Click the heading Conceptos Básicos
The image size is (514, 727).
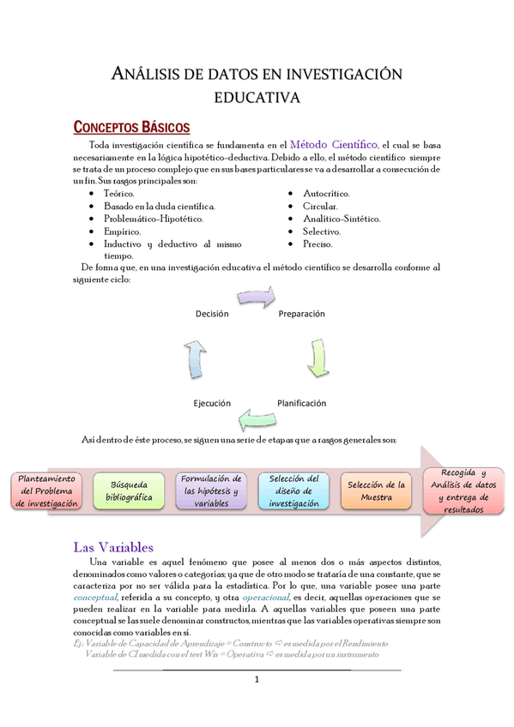131,128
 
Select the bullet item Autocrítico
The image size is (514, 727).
327,195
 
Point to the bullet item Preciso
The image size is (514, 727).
317,243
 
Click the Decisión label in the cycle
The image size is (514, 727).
212,314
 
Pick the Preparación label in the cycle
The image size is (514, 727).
301,314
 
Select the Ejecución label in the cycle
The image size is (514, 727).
211,402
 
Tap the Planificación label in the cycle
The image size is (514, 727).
301,402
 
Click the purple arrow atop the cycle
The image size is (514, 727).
257,297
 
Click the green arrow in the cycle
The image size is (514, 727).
316,358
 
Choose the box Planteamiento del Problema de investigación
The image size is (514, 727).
47,491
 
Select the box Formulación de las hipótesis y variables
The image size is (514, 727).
211,491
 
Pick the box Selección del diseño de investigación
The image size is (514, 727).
293,491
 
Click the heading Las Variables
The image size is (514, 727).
113,547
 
